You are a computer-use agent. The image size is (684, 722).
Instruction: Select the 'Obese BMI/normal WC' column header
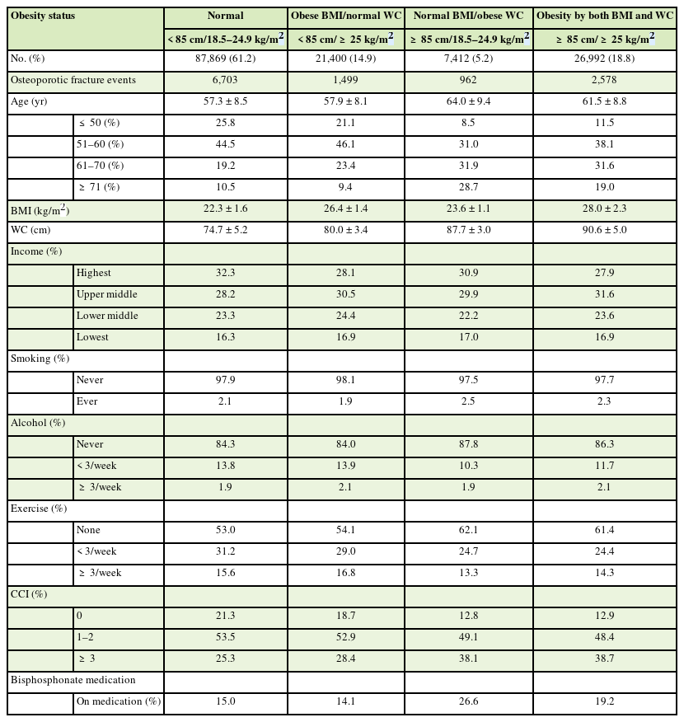[x=346, y=16]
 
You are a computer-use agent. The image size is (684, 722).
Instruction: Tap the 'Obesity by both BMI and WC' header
[x=605, y=16]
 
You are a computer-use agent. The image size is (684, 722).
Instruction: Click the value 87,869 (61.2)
[x=226, y=59]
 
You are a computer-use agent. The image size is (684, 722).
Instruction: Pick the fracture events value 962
[x=469, y=81]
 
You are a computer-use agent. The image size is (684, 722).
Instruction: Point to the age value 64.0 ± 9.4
[x=469, y=102]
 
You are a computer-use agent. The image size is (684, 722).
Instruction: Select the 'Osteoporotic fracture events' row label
[x=73, y=81]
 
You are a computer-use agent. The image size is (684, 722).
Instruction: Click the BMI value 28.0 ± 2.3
[x=605, y=209]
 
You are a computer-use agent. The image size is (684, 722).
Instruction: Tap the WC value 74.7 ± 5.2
[x=226, y=230]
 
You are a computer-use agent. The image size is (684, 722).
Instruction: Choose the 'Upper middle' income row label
[x=107, y=294]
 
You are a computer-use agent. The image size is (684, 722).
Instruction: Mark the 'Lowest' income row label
[x=93, y=337]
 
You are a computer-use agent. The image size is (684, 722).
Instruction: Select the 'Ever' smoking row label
[x=87, y=401]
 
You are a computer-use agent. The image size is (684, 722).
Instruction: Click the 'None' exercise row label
[x=88, y=530]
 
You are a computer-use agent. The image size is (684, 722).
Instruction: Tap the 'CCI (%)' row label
[x=29, y=594]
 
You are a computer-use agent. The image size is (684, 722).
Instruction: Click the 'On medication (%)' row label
[x=119, y=701]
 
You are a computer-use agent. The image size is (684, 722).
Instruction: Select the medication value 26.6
[x=469, y=701]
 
